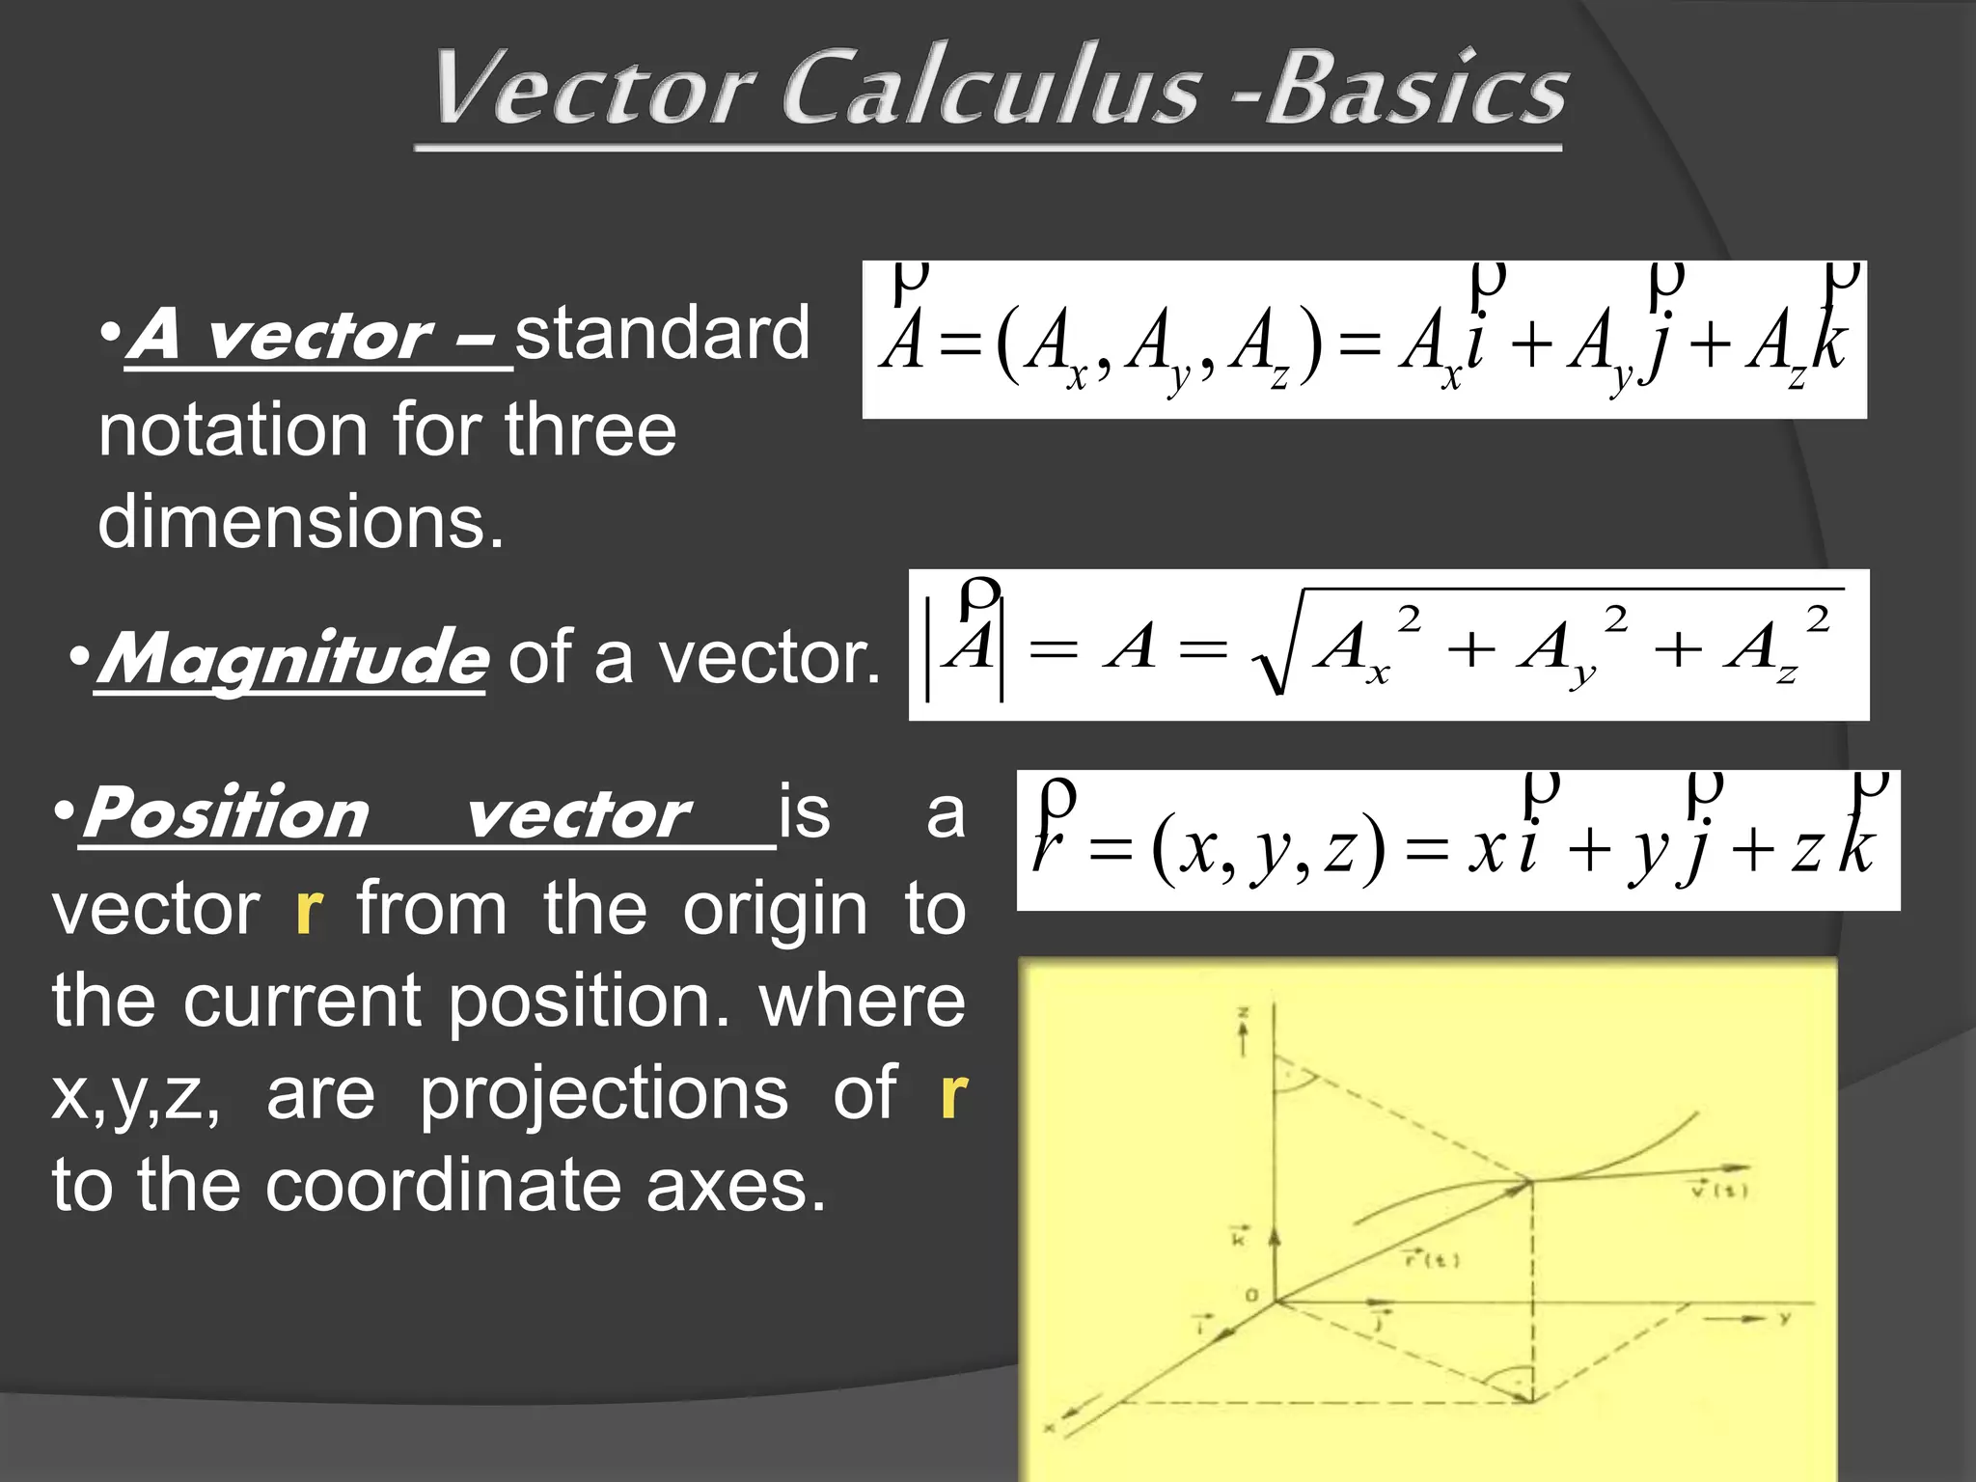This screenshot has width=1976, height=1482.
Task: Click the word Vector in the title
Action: click(x=592, y=90)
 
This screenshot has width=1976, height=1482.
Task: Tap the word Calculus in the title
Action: click(x=990, y=90)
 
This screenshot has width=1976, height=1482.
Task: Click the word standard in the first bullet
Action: click(x=662, y=334)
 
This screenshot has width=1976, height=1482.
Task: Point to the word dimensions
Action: click(x=301, y=522)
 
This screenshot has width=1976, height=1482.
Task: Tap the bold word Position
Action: click(x=226, y=813)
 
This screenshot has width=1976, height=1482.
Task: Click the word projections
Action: click(x=604, y=1093)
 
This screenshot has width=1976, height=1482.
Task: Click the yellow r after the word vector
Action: click(x=309, y=910)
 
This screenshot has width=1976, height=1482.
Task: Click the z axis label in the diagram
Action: click(x=1244, y=1013)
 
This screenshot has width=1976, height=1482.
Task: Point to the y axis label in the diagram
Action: click(x=1785, y=1318)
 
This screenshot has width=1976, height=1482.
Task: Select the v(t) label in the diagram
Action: click(x=1719, y=1190)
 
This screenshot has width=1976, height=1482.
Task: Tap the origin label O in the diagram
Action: click(x=1251, y=1295)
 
